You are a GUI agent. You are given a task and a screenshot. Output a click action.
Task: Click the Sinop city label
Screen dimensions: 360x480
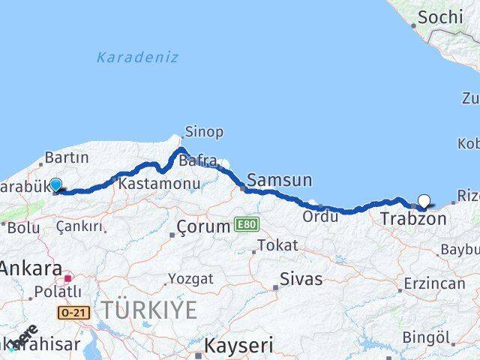pos(204,132)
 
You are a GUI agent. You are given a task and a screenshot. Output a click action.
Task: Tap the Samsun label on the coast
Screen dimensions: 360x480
pos(280,180)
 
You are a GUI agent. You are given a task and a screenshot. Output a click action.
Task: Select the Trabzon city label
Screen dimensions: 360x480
pos(413,219)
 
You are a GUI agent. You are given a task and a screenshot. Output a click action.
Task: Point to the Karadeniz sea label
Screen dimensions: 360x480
pos(137,57)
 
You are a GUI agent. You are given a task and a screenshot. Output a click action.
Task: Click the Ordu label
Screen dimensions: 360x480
pos(319,216)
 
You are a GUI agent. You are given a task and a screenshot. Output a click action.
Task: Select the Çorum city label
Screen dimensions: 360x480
pos(204,226)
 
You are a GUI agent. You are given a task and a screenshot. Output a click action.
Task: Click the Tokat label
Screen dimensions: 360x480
pos(277,245)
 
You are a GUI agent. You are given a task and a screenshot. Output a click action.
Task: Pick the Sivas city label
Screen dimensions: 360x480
pos(301,279)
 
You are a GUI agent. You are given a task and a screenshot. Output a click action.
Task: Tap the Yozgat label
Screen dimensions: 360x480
pos(190,278)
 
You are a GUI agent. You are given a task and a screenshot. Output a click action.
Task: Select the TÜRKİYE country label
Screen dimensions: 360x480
pos(150,309)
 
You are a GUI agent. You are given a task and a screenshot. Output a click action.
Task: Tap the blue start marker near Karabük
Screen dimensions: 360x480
pos(55,184)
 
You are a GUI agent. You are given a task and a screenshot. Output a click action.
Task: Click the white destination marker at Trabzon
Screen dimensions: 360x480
pos(424,200)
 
